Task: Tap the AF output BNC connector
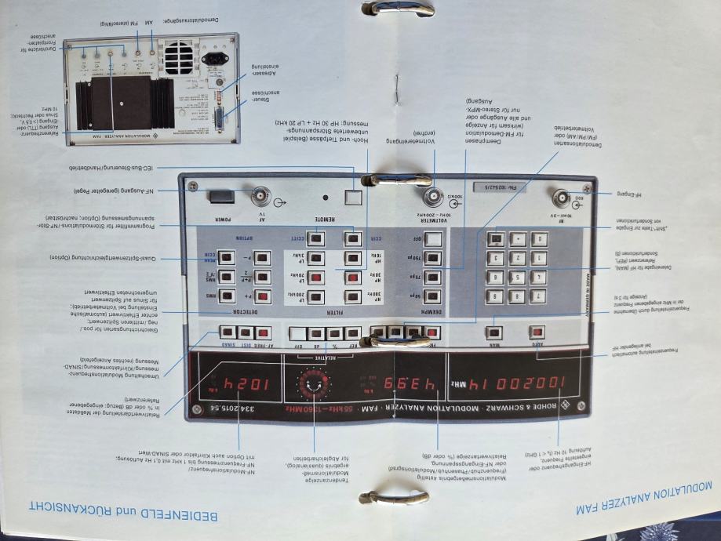coord(257,196)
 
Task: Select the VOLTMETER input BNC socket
coord(431,197)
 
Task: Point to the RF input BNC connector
coord(563,197)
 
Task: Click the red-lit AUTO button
coord(537,332)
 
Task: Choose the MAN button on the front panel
coord(494,332)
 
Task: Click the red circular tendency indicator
coord(315,384)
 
